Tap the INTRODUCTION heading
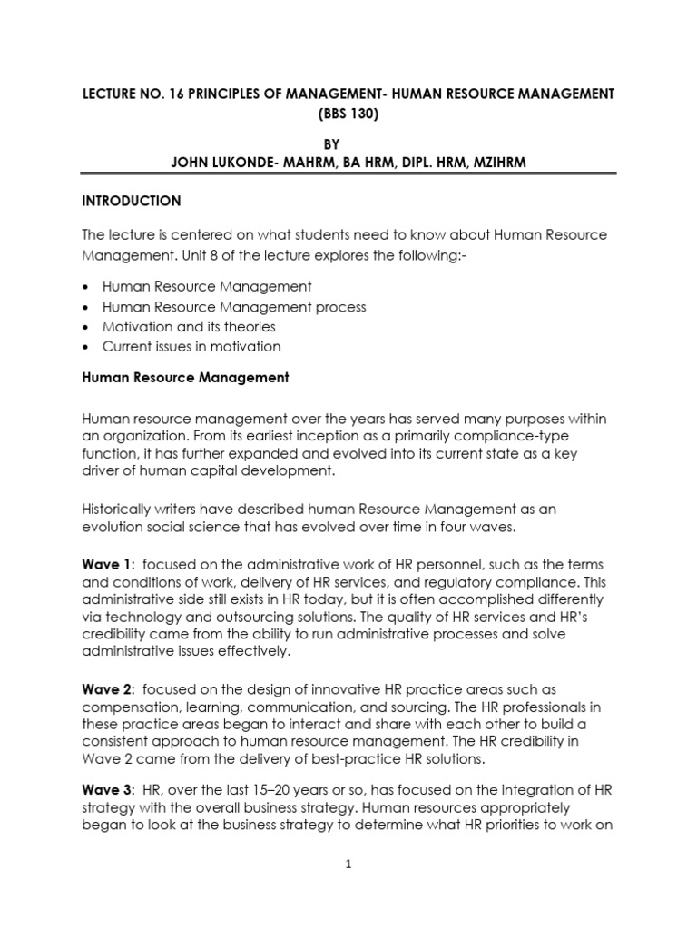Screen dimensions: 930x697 (132, 201)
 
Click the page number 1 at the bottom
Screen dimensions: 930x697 (348, 865)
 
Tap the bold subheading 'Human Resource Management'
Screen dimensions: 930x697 (185, 378)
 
